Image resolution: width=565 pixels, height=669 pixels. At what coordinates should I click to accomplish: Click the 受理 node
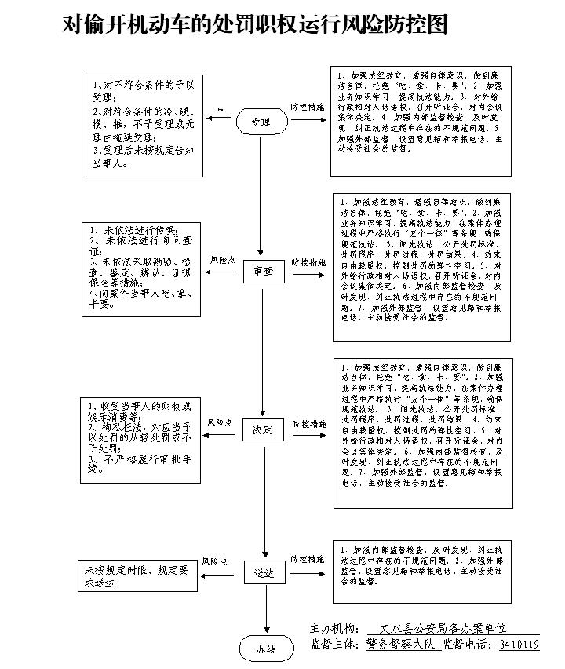point(261,122)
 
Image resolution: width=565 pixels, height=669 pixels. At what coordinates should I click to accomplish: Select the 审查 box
point(262,271)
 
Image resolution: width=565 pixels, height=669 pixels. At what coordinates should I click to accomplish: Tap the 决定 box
point(262,430)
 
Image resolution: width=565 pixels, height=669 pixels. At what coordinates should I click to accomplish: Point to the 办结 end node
point(265,649)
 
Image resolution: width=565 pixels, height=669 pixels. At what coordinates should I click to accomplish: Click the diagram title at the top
point(255,26)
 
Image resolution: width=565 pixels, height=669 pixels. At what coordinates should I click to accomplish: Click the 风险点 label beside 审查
point(222,259)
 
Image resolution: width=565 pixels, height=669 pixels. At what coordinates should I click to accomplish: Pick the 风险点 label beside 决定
point(221,422)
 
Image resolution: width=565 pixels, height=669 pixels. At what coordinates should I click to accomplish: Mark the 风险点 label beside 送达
point(214,561)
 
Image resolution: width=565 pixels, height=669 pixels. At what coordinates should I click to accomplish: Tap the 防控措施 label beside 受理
point(308,106)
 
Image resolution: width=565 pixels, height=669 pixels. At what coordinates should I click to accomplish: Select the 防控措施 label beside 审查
point(308,262)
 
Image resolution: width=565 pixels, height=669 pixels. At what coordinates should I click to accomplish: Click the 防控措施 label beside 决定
point(308,423)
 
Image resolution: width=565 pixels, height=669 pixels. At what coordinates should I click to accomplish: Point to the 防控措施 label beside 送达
point(308,559)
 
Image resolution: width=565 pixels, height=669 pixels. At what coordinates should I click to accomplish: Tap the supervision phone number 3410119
point(519,645)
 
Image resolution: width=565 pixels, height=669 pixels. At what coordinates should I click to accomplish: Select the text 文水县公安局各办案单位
point(443,629)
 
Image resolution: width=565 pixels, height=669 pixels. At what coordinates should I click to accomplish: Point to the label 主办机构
point(335,629)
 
